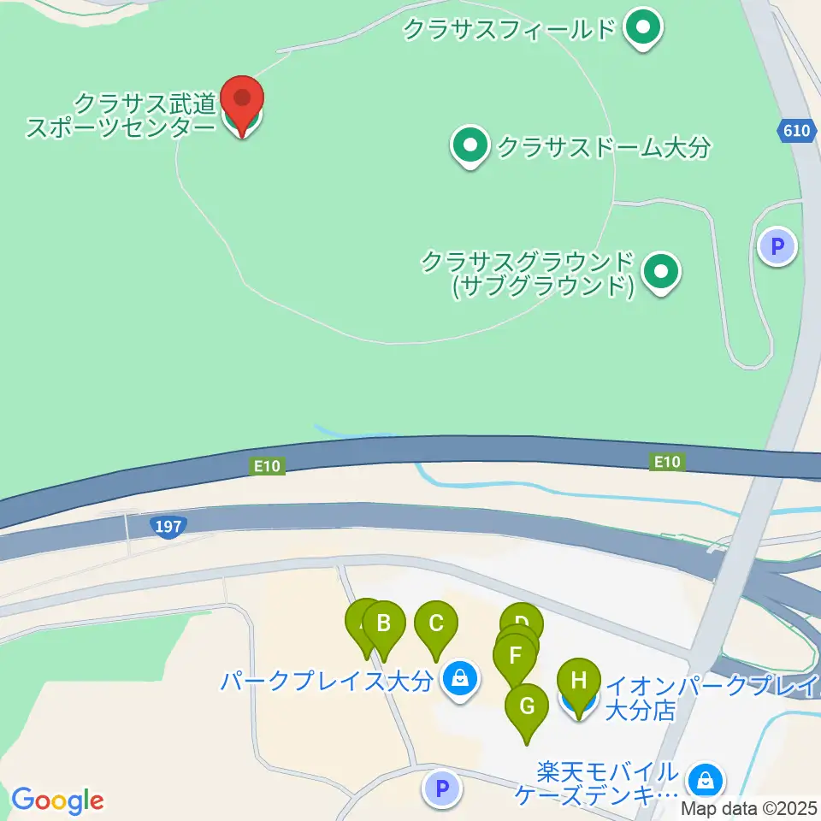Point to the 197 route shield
coord(169,527)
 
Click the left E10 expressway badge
coord(267,466)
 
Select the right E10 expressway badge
coord(666,463)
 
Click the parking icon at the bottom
coord(442,789)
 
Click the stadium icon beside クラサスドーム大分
coord(470,147)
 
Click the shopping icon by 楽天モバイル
coord(706,780)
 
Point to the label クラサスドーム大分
coord(604,148)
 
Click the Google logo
coord(58,800)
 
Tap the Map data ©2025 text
coord(749,807)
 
